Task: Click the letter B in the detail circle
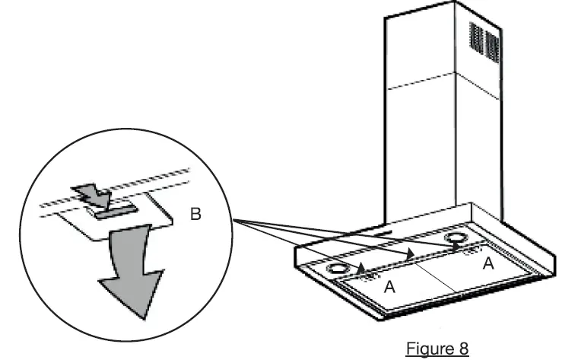tap(195, 215)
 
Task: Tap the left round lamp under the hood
tap(334, 269)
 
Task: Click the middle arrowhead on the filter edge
tap(411, 254)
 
